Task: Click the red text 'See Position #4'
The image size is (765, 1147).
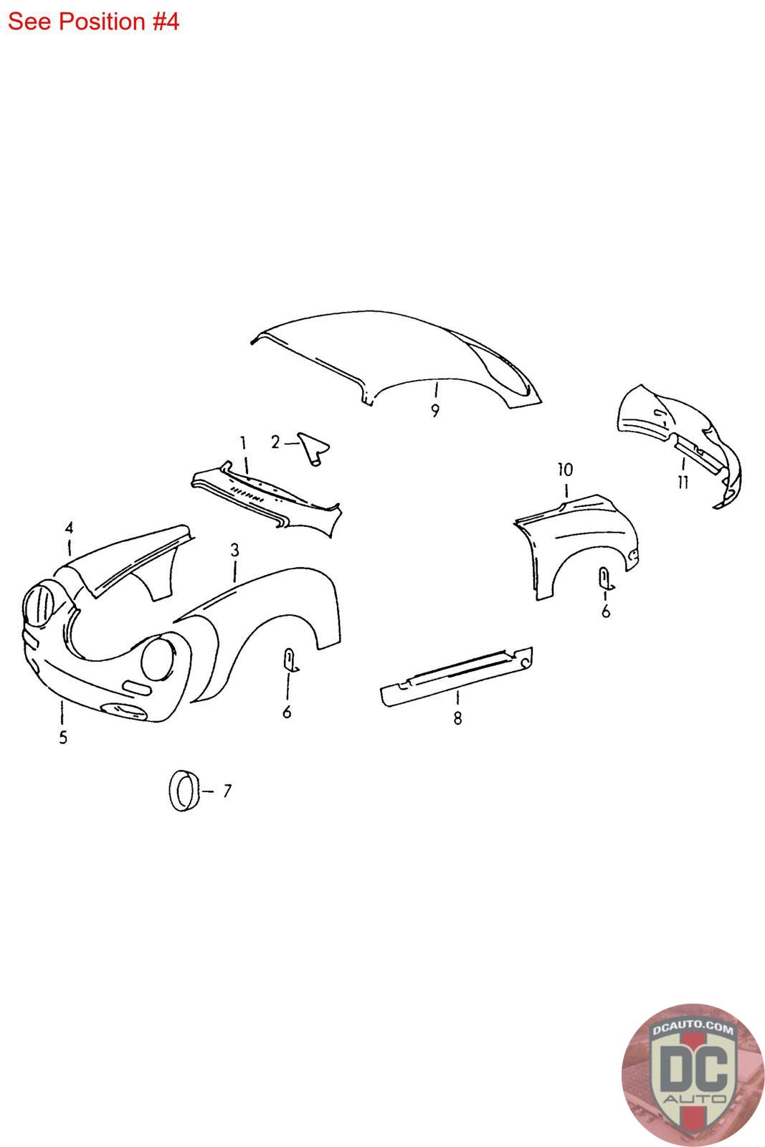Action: click(x=93, y=22)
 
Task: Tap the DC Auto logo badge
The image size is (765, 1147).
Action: click(x=693, y=1074)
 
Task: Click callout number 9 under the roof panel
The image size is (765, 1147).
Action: click(x=434, y=411)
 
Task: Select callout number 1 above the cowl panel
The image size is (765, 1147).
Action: click(x=243, y=444)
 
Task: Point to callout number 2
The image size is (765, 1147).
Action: click(x=275, y=442)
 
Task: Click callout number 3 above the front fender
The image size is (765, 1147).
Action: click(x=234, y=551)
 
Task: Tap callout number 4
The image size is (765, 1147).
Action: click(x=69, y=528)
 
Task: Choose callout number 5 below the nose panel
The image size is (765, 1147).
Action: click(x=63, y=738)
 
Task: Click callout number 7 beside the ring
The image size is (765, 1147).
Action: click(x=227, y=791)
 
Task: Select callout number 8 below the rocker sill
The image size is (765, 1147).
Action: click(x=457, y=718)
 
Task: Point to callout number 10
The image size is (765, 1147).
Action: click(x=565, y=470)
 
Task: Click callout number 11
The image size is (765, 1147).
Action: click(x=683, y=482)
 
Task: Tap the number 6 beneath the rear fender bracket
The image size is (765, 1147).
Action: click(x=606, y=611)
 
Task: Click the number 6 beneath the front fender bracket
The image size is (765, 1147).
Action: click(x=287, y=712)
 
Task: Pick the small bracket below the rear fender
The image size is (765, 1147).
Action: click(x=606, y=579)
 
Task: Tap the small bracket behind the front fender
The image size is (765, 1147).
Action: click(x=290, y=660)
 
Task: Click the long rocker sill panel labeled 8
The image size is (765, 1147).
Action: click(x=456, y=677)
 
